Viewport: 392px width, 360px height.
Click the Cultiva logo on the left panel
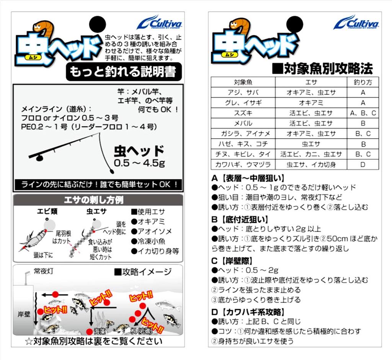pos(160,23)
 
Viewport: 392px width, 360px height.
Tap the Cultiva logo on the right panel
pos(356,23)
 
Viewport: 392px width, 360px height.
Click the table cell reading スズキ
pos(243,113)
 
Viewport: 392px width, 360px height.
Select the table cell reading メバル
pos(243,123)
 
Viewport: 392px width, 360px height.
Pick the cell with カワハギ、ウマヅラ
pos(243,165)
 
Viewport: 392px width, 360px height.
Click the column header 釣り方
pos(363,82)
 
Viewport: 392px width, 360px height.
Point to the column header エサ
pos(311,82)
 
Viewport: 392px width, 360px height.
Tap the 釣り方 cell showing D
pos(363,165)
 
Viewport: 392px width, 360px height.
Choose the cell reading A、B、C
pos(363,113)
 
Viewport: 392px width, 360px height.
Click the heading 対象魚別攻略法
pos(322,69)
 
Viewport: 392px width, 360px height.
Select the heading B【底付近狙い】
pos(240,219)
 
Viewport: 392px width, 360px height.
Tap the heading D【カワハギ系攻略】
pos(248,312)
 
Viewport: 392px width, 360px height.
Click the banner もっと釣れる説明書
pos(124,72)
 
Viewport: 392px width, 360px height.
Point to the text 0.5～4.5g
pos(139,163)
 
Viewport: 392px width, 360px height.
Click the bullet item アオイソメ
pos(152,231)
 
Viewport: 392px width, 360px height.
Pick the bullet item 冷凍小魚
pos(148,241)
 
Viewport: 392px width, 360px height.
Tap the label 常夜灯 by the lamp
pos(44,271)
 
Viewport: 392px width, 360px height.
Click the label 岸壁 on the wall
pos(24,314)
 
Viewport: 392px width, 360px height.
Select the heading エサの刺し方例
pos(93,200)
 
